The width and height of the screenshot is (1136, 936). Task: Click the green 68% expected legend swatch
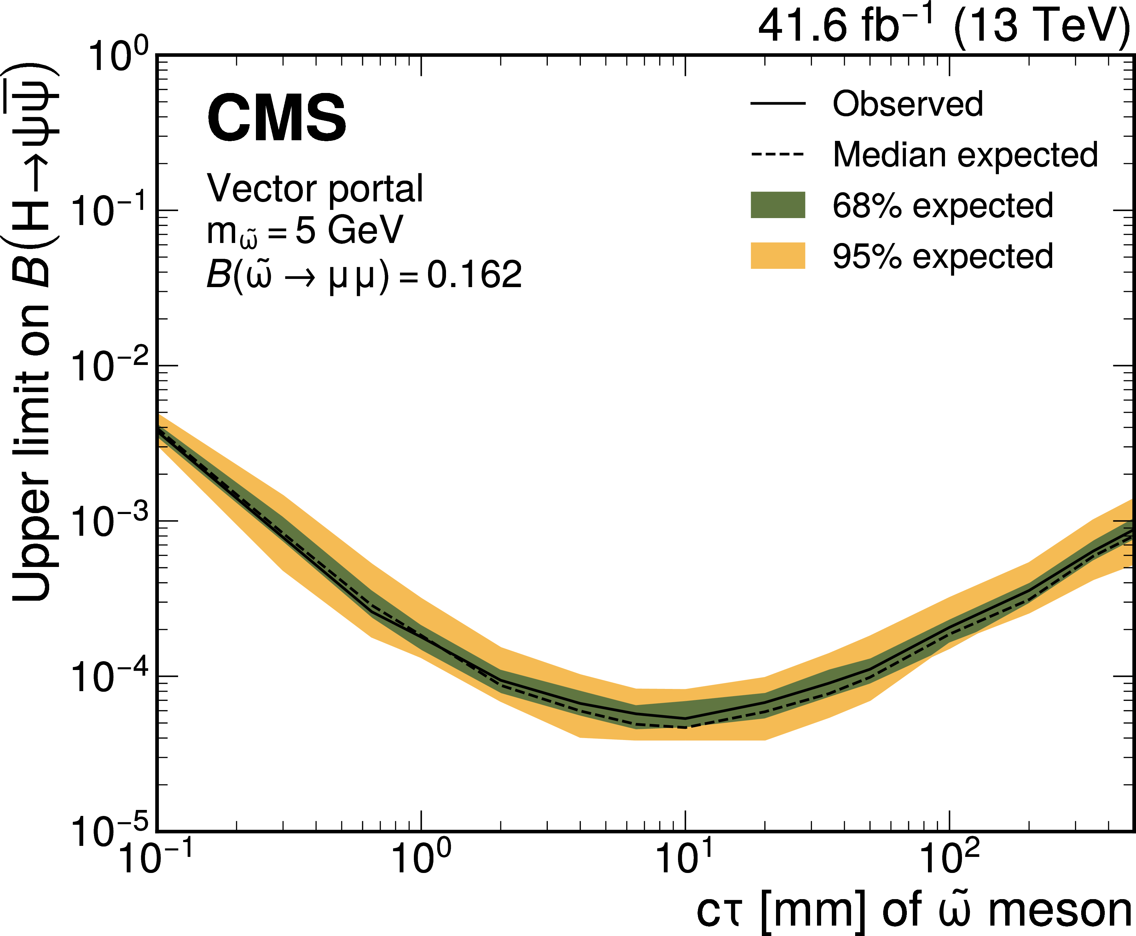point(778,205)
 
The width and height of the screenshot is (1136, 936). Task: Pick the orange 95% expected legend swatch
point(778,256)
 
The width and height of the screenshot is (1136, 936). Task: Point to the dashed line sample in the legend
point(778,155)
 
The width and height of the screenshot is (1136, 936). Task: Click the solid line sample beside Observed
point(778,103)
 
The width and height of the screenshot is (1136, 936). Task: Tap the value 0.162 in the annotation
point(474,275)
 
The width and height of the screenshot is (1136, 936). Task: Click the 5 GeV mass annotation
point(349,231)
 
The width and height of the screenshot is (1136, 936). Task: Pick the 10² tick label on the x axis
point(949,857)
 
